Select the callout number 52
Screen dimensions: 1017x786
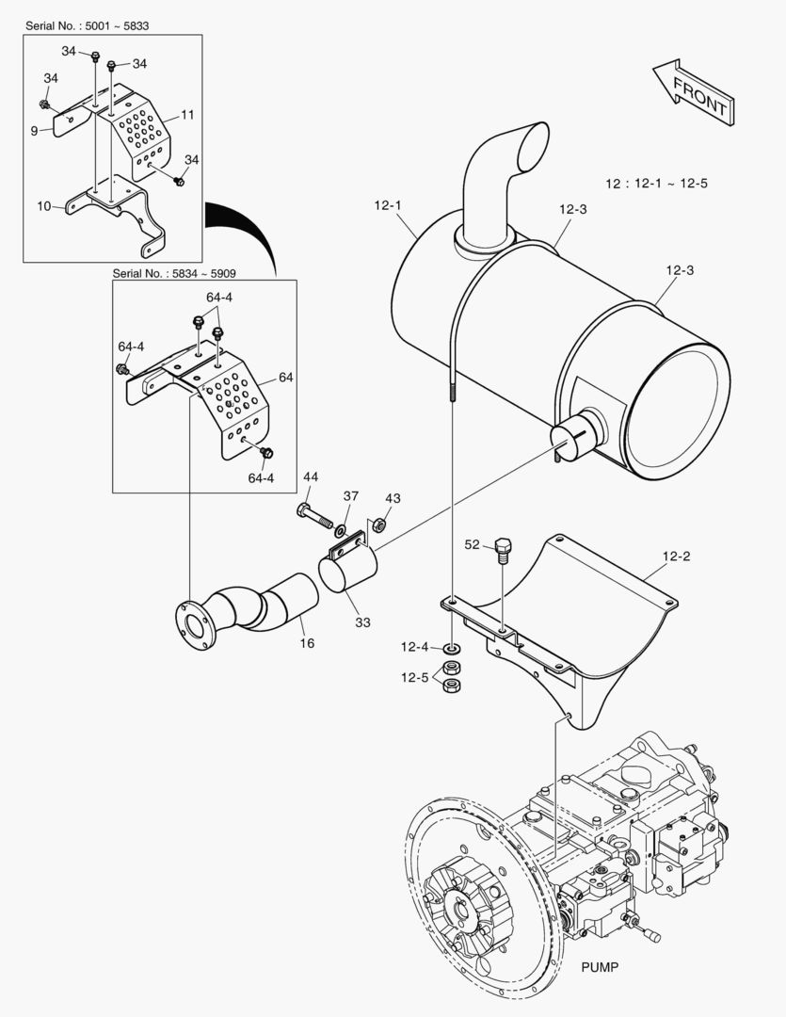click(473, 543)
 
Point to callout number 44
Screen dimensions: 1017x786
click(310, 477)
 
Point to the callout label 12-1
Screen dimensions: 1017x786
click(388, 203)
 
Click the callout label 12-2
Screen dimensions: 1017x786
click(676, 557)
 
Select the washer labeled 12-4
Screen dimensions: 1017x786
click(453, 649)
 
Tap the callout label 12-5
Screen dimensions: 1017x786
click(414, 677)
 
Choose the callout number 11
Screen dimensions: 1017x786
click(187, 114)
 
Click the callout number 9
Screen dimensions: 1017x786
click(34, 131)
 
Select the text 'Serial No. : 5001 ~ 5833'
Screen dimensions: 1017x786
click(88, 25)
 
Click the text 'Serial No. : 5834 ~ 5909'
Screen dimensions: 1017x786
click(174, 273)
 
